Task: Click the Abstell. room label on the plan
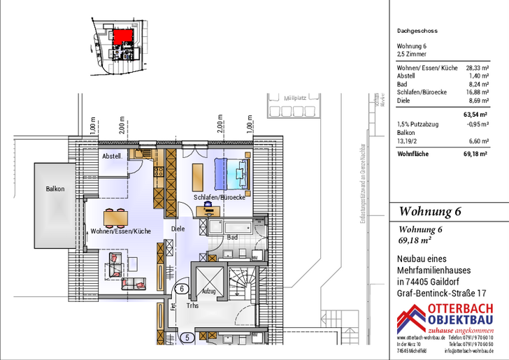112,157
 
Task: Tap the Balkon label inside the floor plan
55,189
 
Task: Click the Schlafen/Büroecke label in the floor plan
220,198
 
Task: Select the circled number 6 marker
182,287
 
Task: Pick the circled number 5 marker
187,338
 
